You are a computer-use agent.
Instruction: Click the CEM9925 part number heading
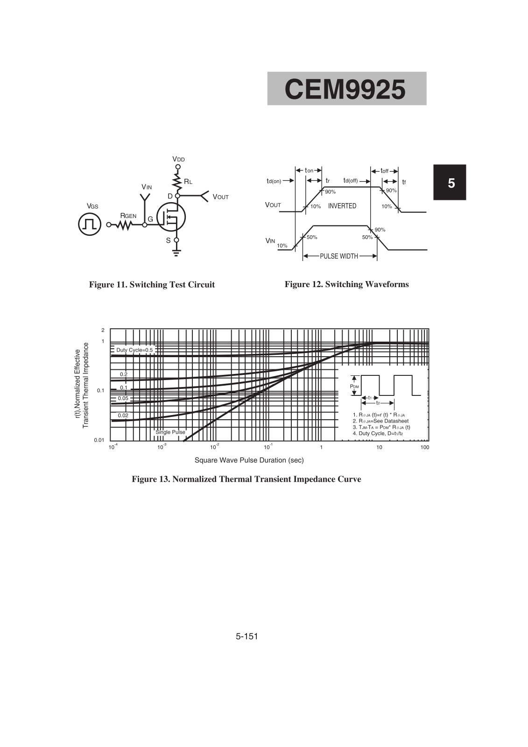pos(345,89)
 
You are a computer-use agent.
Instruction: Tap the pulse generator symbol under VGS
pos(90,224)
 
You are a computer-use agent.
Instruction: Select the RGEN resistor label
pos(128,216)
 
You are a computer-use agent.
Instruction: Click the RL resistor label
pos(188,182)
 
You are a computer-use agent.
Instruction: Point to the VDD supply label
pos(178,159)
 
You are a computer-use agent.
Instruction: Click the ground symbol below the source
pos(176,253)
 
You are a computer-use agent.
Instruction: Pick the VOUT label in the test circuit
pos(220,197)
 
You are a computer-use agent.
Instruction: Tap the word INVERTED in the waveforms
pos(342,206)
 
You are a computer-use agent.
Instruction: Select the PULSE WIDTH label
pos(339,256)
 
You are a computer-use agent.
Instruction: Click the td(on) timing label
pos(274,181)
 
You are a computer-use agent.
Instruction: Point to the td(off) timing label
pos(351,181)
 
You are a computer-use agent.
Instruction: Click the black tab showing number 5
pos(451,183)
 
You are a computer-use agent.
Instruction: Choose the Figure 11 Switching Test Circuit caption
pos(152,285)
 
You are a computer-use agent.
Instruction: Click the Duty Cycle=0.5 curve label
pos(134,350)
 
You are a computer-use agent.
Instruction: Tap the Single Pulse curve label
pos(170,432)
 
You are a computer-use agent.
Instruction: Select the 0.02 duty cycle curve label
pos(123,415)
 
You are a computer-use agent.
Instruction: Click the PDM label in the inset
pos(354,387)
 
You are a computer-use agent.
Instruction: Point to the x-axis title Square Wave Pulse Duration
pos(249,460)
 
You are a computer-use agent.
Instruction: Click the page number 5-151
pos(247,636)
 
